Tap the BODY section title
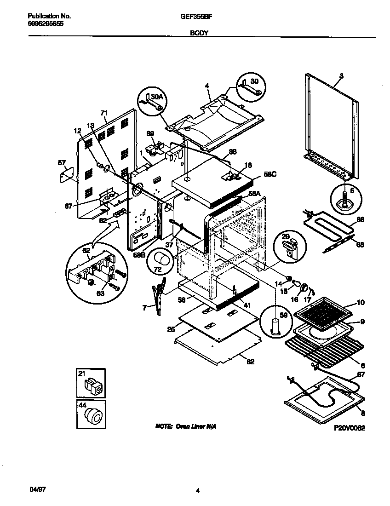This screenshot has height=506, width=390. point(199,33)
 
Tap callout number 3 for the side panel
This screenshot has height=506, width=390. point(341,75)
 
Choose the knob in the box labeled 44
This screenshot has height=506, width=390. point(94,417)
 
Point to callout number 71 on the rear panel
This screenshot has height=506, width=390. point(103,113)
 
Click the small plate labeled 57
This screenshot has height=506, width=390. point(68,175)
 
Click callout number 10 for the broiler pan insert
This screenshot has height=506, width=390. point(361,302)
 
